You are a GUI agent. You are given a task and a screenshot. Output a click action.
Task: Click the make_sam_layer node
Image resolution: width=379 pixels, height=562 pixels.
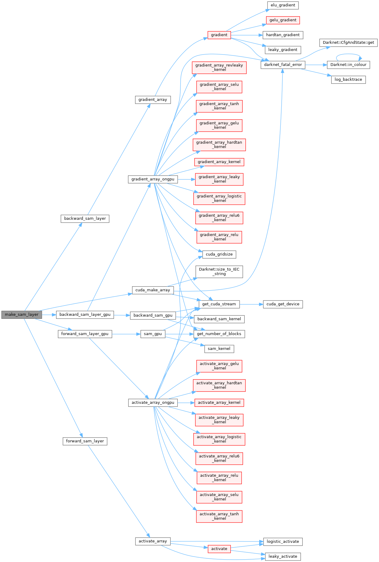click(x=21, y=315)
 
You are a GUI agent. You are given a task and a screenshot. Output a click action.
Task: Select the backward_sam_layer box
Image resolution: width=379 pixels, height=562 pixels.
click(x=85, y=218)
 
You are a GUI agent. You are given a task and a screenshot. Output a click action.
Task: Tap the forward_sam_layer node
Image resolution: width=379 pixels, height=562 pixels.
click(x=85, y=441)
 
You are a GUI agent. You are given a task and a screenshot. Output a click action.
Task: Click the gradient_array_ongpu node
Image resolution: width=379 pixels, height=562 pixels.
click(x=153, y=179)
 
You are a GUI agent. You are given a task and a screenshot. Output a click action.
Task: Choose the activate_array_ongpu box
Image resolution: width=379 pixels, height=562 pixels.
click(x=153, y=403)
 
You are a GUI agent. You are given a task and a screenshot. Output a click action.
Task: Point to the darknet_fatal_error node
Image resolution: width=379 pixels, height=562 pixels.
click(x=283, y=65)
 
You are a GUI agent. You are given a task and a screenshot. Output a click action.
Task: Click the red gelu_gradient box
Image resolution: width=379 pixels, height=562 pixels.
click(x=283, y=20)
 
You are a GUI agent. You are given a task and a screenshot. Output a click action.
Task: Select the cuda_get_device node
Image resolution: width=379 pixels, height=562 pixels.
click(x=283, y=304)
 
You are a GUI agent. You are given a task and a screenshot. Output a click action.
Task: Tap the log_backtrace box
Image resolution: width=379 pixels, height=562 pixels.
click(x=348, y=80)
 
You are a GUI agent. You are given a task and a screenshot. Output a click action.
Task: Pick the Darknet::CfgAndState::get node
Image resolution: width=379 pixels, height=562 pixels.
click(x=348, y=42)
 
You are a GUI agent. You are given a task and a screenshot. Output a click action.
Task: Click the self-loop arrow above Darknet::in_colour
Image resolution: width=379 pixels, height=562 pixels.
click(x=348, y=55)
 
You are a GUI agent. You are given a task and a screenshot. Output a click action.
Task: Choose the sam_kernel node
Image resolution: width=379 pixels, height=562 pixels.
click(x=219, y=349)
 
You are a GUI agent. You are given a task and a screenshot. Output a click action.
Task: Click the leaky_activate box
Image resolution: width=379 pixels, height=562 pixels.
click(x=283, y=557)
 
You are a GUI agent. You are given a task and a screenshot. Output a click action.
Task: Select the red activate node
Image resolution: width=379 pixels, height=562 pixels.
click(x=219, y=549)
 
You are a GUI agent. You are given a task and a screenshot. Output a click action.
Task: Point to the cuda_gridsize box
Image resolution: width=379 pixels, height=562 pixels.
click(x=219, y=254)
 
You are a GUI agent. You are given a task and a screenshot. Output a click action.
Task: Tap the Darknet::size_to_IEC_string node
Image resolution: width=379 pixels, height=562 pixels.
click(x=219, y=272)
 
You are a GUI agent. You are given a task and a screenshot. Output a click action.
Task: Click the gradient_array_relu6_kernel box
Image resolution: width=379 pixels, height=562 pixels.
click(x=219, y=218)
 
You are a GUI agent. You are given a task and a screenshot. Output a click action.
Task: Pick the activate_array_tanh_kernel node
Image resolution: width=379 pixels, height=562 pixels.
click(x=219, y=516)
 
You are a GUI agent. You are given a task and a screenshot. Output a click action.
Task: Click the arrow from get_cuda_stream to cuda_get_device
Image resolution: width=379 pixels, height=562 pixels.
click(x=251, y=304)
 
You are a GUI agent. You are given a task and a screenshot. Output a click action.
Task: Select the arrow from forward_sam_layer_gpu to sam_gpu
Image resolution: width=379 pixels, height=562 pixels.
click(x=126, y=334)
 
